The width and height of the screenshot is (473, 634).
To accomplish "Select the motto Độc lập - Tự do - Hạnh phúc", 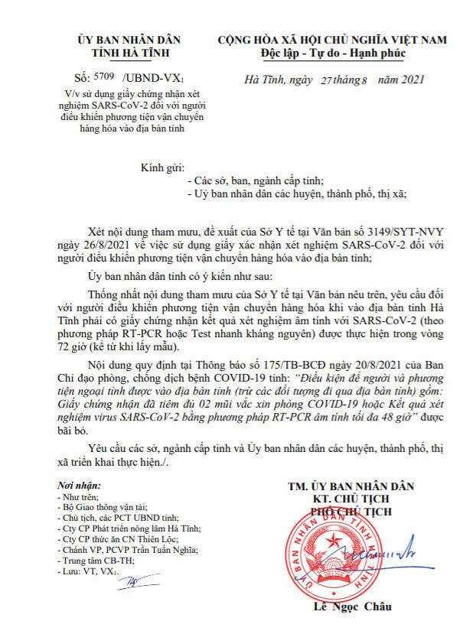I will coord(332,53).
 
